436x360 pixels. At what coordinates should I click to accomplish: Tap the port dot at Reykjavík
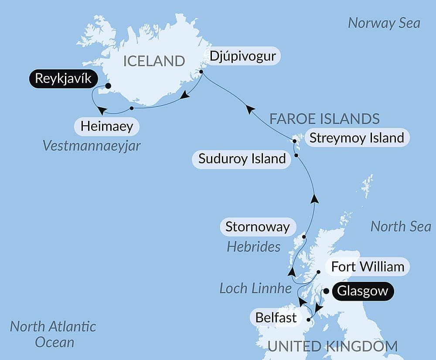pyautogui.click(x=108, y=86)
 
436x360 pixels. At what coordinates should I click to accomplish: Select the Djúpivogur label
pyautogui.click(x=243, y=56)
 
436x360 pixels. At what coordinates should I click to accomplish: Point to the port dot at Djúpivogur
pyautogui.click(x=201, y=72)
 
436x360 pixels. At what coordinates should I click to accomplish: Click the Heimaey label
pyautogui.click(x=106, y=127)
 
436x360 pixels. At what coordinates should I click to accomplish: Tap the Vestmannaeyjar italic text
pyautogui.click(x=92, y=145)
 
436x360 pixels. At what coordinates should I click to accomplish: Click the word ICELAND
pyautogui.click(x=154, y=61)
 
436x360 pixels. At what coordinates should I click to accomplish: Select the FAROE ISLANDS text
pyautogui.click(x=324, y=119)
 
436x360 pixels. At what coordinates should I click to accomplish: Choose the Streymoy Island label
pyautogui.click(x=357, y=138)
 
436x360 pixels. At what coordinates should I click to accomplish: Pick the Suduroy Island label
pyautogui.click(x=242, y=158)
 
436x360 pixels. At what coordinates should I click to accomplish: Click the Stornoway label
pyautogui.click(x=257, y=227)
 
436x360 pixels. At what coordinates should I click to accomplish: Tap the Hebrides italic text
pyautogui.click(x=253, y=247)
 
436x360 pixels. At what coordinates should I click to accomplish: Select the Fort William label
pyautogui.click(x=368, y=266)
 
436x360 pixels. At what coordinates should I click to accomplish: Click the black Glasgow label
pyautogui.click(x=363, y=291)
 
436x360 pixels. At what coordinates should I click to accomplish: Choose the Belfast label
pyautogui.click(x=276, y=317)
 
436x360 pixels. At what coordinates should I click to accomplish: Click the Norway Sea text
pyautogui.click(x=384, y=23)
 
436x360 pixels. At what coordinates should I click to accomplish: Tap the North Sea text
pyautogui.click(x=400, y=226)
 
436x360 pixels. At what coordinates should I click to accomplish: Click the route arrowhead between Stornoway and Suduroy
pyautogui.click(x=314, y=199)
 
